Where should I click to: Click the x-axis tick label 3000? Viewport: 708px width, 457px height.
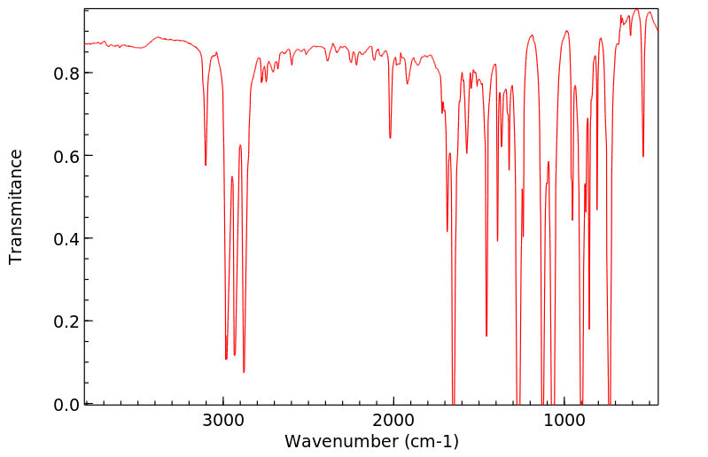(223, 422)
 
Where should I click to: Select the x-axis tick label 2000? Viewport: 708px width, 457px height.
(393, 422)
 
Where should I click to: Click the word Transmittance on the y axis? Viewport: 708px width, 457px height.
(16, 206)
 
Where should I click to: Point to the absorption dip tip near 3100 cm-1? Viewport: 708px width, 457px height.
(206, 165)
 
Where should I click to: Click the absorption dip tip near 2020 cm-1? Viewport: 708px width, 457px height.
(390, 138)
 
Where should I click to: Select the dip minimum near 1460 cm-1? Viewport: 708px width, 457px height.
(486, 336)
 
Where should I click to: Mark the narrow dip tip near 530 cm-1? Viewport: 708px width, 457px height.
(643, 157)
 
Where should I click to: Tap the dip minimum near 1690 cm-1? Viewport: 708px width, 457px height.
(447, 231)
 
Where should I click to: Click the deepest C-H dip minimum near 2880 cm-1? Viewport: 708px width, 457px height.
(244, 372)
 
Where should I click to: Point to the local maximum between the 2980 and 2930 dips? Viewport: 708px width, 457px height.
(232, 177)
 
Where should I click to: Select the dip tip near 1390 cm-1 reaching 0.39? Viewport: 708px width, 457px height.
(497, 240)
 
